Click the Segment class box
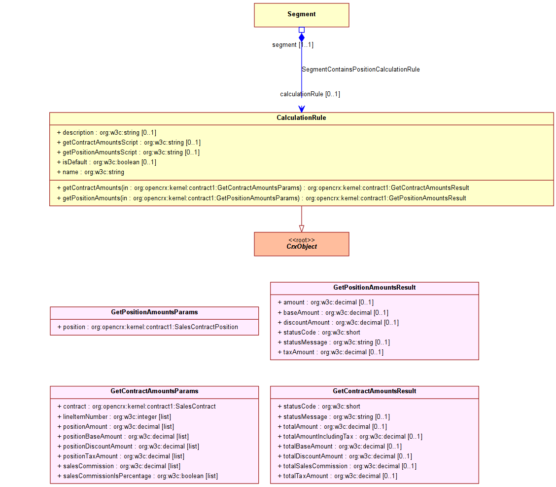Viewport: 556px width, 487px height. coord(301,15)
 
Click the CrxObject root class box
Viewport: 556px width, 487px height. coord(301,244)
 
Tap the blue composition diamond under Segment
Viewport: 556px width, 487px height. coord(302,37)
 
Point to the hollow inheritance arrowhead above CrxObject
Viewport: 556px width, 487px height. coord(302,228)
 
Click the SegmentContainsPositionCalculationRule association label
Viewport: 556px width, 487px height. coord(360,70)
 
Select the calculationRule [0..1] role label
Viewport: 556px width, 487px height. coord(310,94)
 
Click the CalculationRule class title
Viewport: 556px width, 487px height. coord(301,118)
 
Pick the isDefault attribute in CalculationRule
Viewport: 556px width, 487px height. coord(106,162)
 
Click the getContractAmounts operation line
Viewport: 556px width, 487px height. coord(263,188)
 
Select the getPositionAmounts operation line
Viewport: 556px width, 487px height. coord(261,198)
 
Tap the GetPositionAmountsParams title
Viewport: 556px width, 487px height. coord(154,312)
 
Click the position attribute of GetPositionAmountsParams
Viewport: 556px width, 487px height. coord(147,327)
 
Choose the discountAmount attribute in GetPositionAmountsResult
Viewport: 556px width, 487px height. coord(338,323)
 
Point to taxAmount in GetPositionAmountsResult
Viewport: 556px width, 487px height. coord(330,352)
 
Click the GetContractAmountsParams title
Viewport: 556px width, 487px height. coord(154,391)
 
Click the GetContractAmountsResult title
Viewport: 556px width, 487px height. coord(374,391)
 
